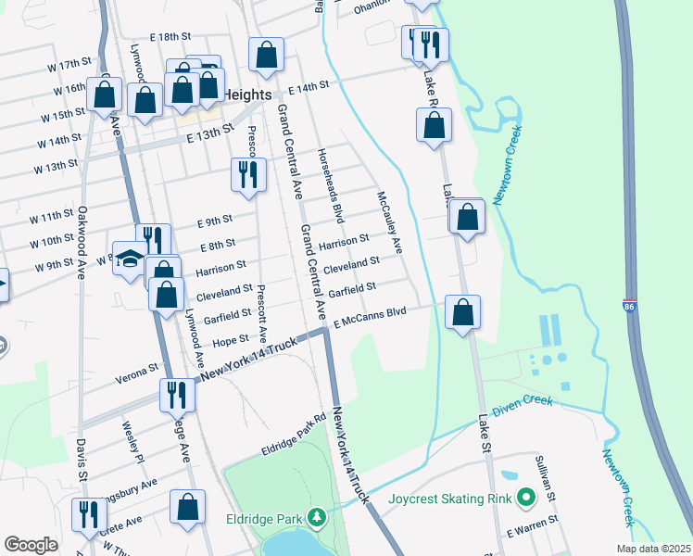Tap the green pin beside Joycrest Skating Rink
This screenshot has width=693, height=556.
tap(527, 499)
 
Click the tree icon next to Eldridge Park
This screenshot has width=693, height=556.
tap(317, 516)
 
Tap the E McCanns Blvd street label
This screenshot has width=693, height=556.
tap(371, 318)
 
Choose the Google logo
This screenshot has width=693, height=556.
tap(31, 544)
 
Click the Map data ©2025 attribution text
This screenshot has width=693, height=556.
tap(652, 549)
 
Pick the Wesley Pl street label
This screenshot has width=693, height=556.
tap(133, 443)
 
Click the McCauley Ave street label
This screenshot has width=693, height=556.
tap(389, 222)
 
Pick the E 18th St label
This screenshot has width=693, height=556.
tap(167, 36)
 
